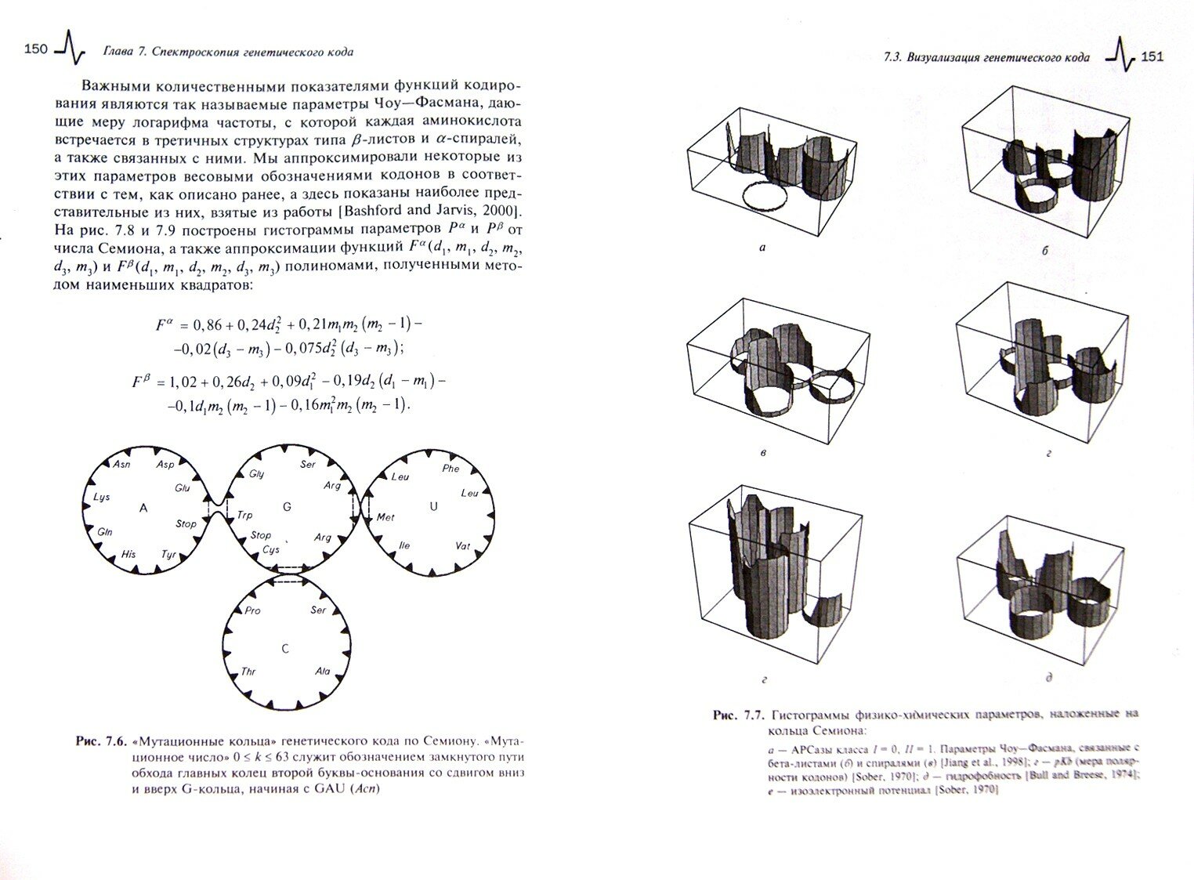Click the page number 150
click(36, 50)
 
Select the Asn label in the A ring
click(121, 465)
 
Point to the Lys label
click(102, 497)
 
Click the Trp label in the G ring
click(244, 515)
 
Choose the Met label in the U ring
click(385, 517)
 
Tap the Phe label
click(450, 469)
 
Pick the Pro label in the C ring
click(252, 610)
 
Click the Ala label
click(322, 671)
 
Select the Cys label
click(271, 549)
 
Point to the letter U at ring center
click(433, 506)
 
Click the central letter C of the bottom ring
click(285, 649)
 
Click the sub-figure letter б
click(1044, 251)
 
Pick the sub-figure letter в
click(763, 452)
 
